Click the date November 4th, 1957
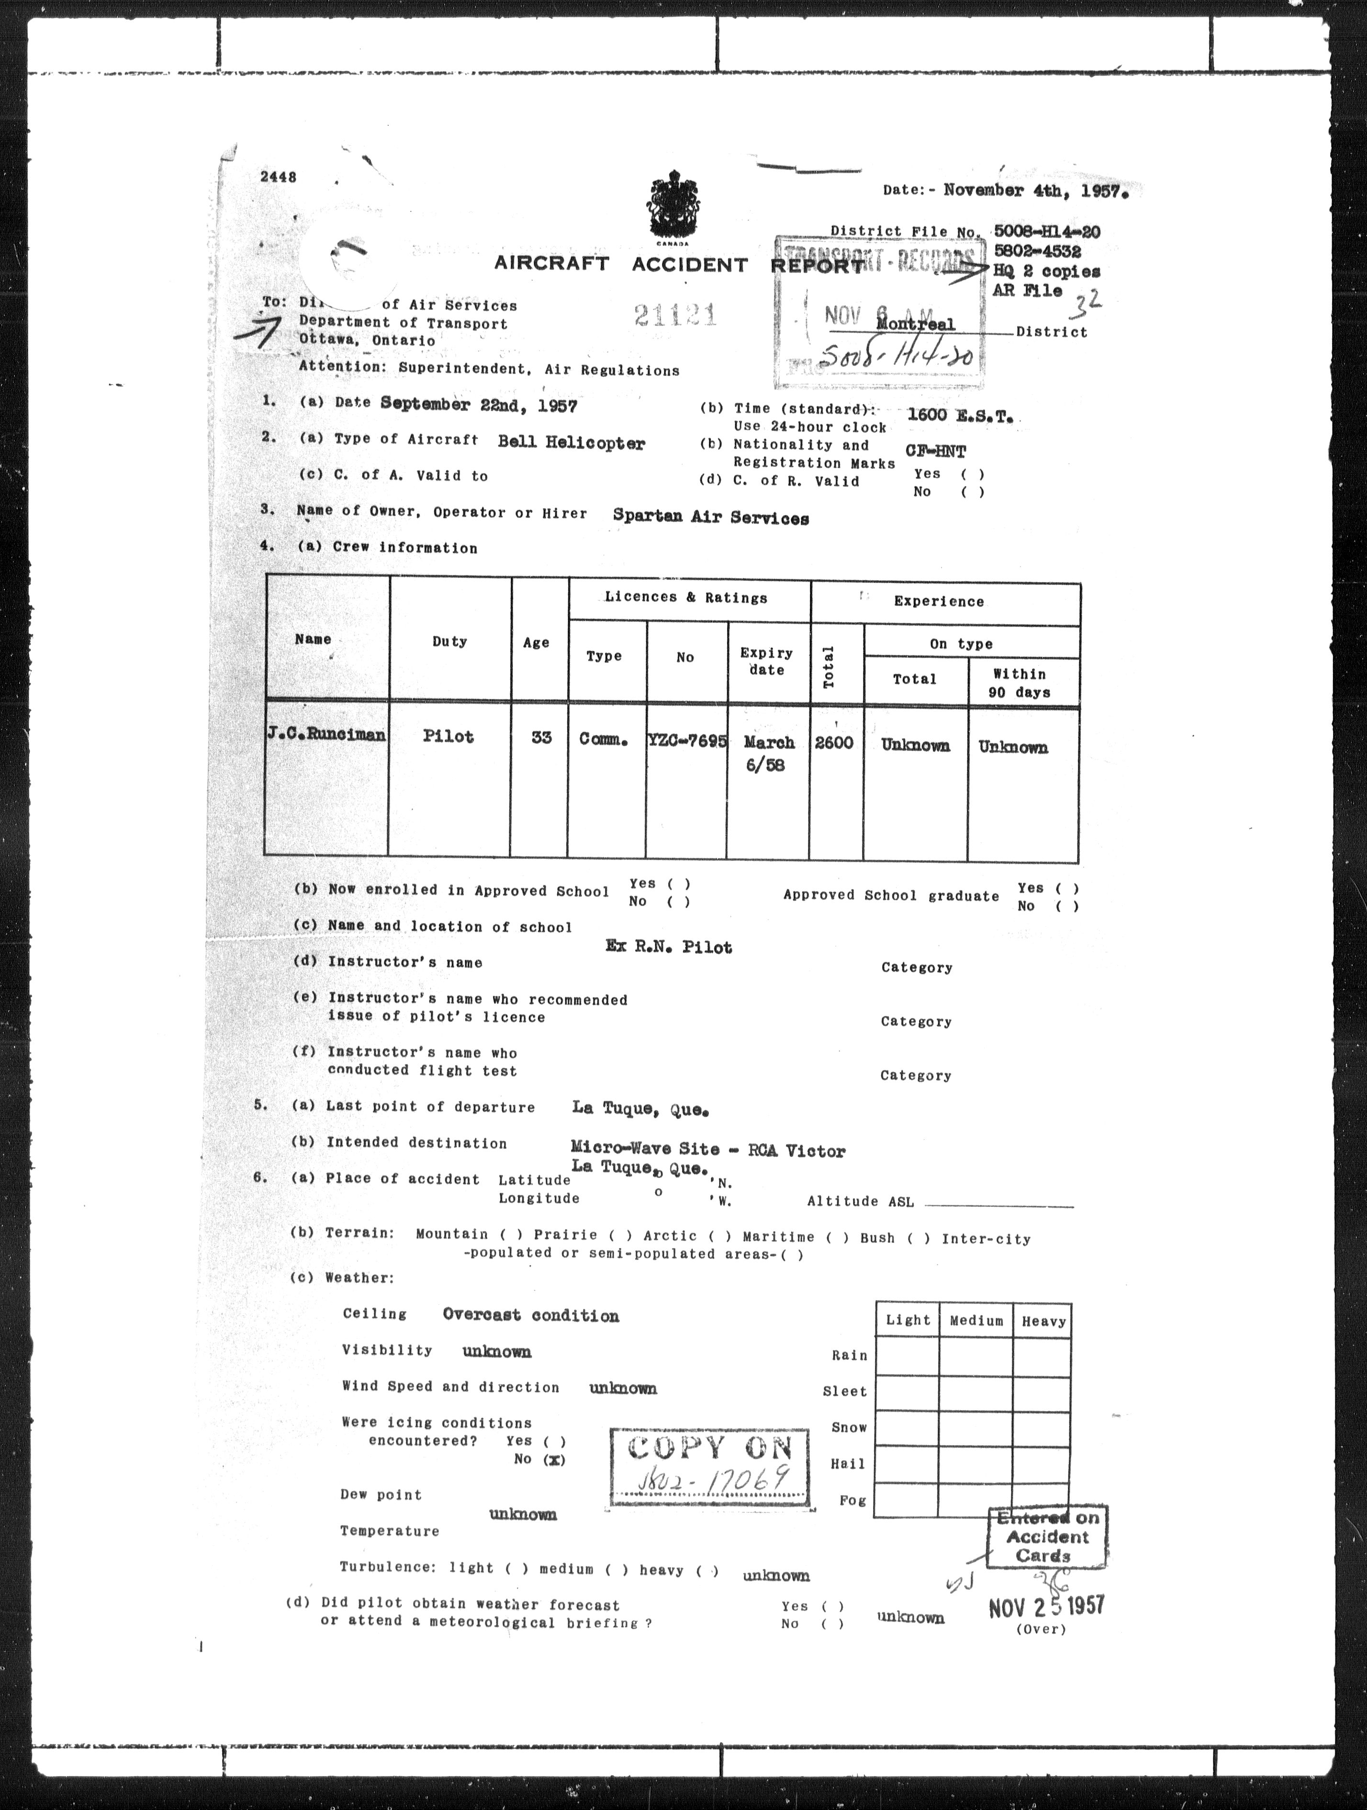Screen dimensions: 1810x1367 (1035, 191)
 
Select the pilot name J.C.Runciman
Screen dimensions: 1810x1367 (326, 734)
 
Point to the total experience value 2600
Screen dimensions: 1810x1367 (834, 742)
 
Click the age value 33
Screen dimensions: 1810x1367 (541, 737)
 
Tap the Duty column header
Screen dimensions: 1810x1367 (449, 641)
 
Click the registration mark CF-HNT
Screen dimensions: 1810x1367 (936, 451)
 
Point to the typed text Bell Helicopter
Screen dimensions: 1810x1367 (571, 442)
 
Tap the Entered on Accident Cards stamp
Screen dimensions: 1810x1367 (1047, 1537)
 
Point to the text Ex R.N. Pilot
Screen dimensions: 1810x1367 (669, 947)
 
